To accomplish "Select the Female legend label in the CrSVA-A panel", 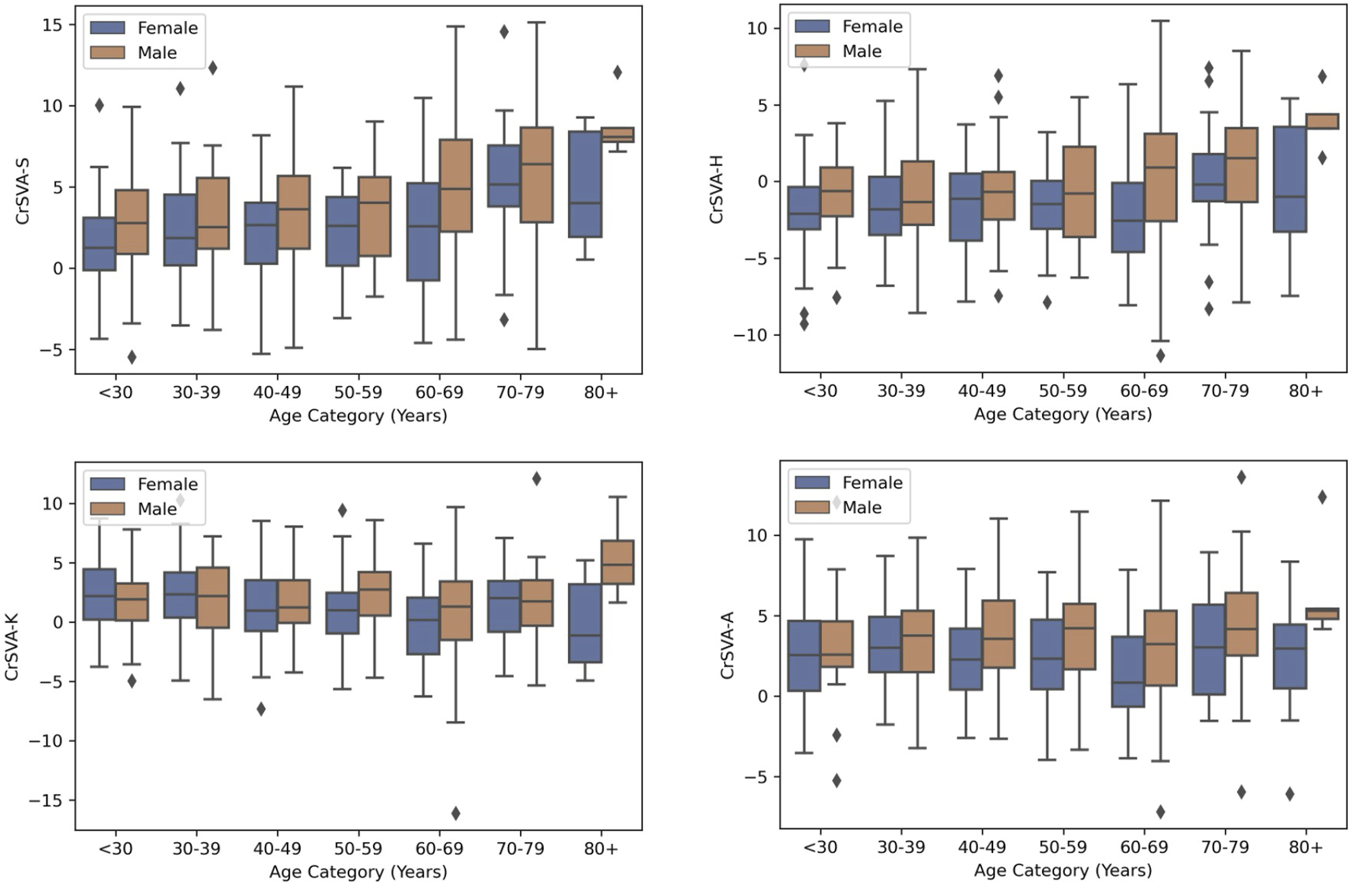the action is coord(872,483).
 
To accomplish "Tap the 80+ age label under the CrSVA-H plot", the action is coord(1305,391).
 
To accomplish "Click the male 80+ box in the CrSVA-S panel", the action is coord(618,134).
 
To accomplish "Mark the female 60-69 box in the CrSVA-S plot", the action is coord(423,232).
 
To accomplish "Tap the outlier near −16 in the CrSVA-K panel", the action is coord(455,813).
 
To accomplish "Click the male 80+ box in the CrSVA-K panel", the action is coord(618,562).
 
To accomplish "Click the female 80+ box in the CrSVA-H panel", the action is coord(1290,179).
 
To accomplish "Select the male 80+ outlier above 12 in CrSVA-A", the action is coord(1322,497).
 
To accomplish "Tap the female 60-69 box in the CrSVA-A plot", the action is coord(1128,671).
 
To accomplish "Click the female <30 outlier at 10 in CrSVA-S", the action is coord(99,105).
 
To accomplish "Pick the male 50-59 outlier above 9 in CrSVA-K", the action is coord(342,510).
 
